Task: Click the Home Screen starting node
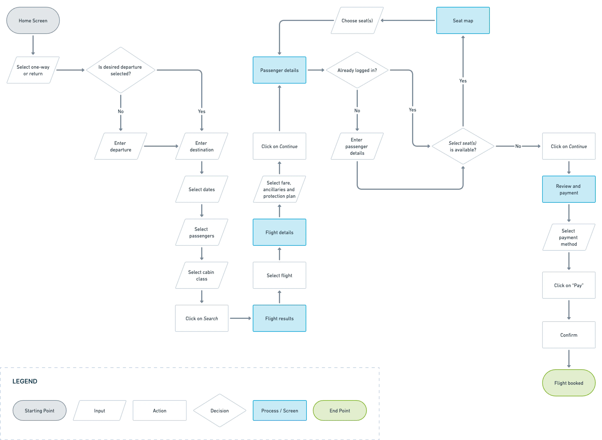pyautogui.click(x=33, y=20)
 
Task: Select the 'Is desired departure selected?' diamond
pyautogui.click(x=121, y=70)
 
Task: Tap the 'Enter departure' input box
pyautogui.click(x=121, y=146)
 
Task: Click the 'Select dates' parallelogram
pyautogui.click(x=202, y=189)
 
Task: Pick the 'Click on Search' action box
pyautogui.click(x=202, y=318)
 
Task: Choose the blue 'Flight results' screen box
pyautogui.click(x=279, y=318)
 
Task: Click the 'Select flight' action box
pyautogui.click(x=279, y=275)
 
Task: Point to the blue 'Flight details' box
pyautogui.click(x=279, y=232)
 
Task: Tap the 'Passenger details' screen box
pyautogui.click(x=279, y=70)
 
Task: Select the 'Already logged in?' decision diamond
pyautogui.click(x=357, y=70)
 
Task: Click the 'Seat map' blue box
pyautogui.click(x=463, y=20)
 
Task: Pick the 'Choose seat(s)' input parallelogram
pyautogui.click(x=357, y=20)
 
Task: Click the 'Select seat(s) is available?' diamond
pyautogui.click(x=463, y=146)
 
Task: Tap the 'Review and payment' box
pyautogui.click(x=569, y=189)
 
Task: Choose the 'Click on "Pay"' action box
pyautogui.click(x=569, y=285)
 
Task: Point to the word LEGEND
pyautogui.click(x=25, y=381)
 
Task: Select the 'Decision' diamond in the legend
pyautogui.click(x=220, y=410)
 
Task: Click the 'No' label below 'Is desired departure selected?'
pyautogui.click(x=121, y=111)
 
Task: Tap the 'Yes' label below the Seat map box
pyautogui.click(x=463, y=81)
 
